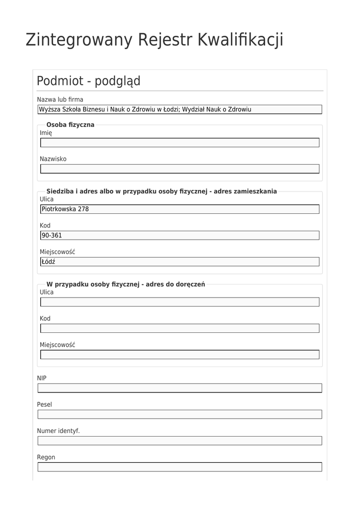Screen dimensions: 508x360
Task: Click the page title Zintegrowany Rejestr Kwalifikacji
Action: [154, 40]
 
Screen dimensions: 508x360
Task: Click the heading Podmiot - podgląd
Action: [88, 81]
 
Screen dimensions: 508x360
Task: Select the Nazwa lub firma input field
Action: [180, 110]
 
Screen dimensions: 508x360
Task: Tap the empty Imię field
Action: [180, 143]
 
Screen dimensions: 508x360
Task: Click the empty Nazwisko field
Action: [180, 169]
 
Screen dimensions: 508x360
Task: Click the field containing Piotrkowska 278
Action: [180, 209]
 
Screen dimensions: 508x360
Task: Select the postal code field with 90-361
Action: [180, 235]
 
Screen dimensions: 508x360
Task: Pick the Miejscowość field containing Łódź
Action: [180, 261]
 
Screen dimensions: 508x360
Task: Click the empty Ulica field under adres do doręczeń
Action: [180, 302]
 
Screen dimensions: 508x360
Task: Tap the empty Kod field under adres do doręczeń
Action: [180, 328]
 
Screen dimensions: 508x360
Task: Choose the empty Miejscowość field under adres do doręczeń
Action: [180, 354]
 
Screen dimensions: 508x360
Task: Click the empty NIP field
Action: [180, 388]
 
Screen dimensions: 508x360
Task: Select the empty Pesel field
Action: [180, 414]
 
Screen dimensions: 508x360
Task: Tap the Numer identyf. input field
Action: [180, 441]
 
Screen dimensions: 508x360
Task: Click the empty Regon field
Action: [180, 467]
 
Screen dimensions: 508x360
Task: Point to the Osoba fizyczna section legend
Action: [70, 125]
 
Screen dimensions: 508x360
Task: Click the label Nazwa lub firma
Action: [60, 100]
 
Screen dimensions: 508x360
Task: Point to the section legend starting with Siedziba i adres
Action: [161, 191]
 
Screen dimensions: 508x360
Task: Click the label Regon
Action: [46, 457]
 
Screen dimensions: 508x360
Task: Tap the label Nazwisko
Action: [53, 159]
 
